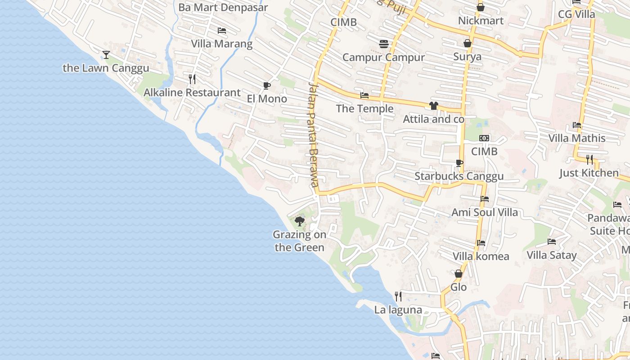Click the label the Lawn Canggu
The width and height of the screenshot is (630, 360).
point(106,68)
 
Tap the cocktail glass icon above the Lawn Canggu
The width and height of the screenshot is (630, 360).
point(106,55)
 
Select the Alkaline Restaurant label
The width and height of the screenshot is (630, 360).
point(192,93)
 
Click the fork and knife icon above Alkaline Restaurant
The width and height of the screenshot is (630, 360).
point(192,79)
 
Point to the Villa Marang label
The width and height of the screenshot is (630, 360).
point(222,44)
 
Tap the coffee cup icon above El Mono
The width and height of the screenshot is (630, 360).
point(267,85)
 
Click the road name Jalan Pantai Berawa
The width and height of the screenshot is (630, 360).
point(314,135)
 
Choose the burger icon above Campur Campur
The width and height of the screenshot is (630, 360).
point(384,44)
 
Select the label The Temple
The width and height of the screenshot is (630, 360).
point(364,108)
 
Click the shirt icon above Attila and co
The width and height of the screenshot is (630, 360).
point(433,106)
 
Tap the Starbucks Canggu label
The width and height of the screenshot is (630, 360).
point(459,176)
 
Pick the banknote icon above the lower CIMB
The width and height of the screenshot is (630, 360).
point(484,138)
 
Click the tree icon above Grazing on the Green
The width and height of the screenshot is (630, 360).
point(299,221)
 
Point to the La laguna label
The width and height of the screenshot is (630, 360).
point(398,310)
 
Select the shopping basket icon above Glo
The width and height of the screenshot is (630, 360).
point(459,274)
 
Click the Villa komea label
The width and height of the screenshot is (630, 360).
point(481,256)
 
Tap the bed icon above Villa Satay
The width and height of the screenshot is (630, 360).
point(552,242)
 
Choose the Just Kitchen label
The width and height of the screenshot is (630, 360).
point(589,173)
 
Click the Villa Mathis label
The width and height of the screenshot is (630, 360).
point(577,138)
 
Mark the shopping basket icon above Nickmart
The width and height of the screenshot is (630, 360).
point(481,8)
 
